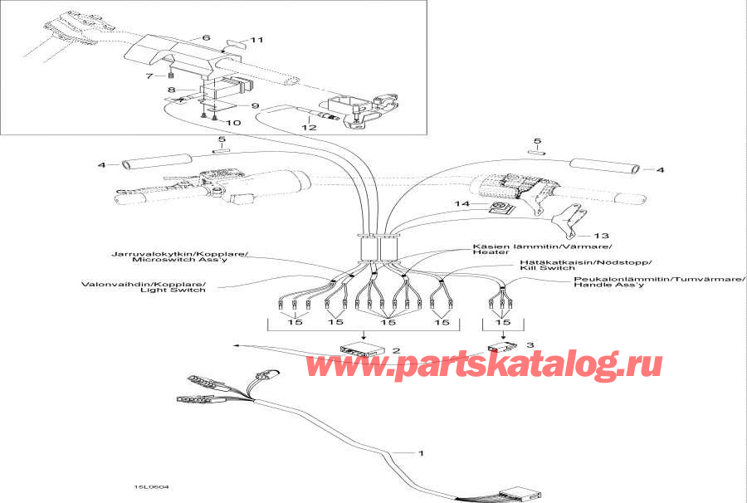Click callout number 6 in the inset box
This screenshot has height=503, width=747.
point(206,38)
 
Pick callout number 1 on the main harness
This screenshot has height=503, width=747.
point(421,453)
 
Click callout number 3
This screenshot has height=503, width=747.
point(531,343)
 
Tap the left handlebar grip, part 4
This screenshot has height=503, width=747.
point(158,162)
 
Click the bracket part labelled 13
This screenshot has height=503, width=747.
point(568,217)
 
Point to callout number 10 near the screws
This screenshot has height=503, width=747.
point(233,122)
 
